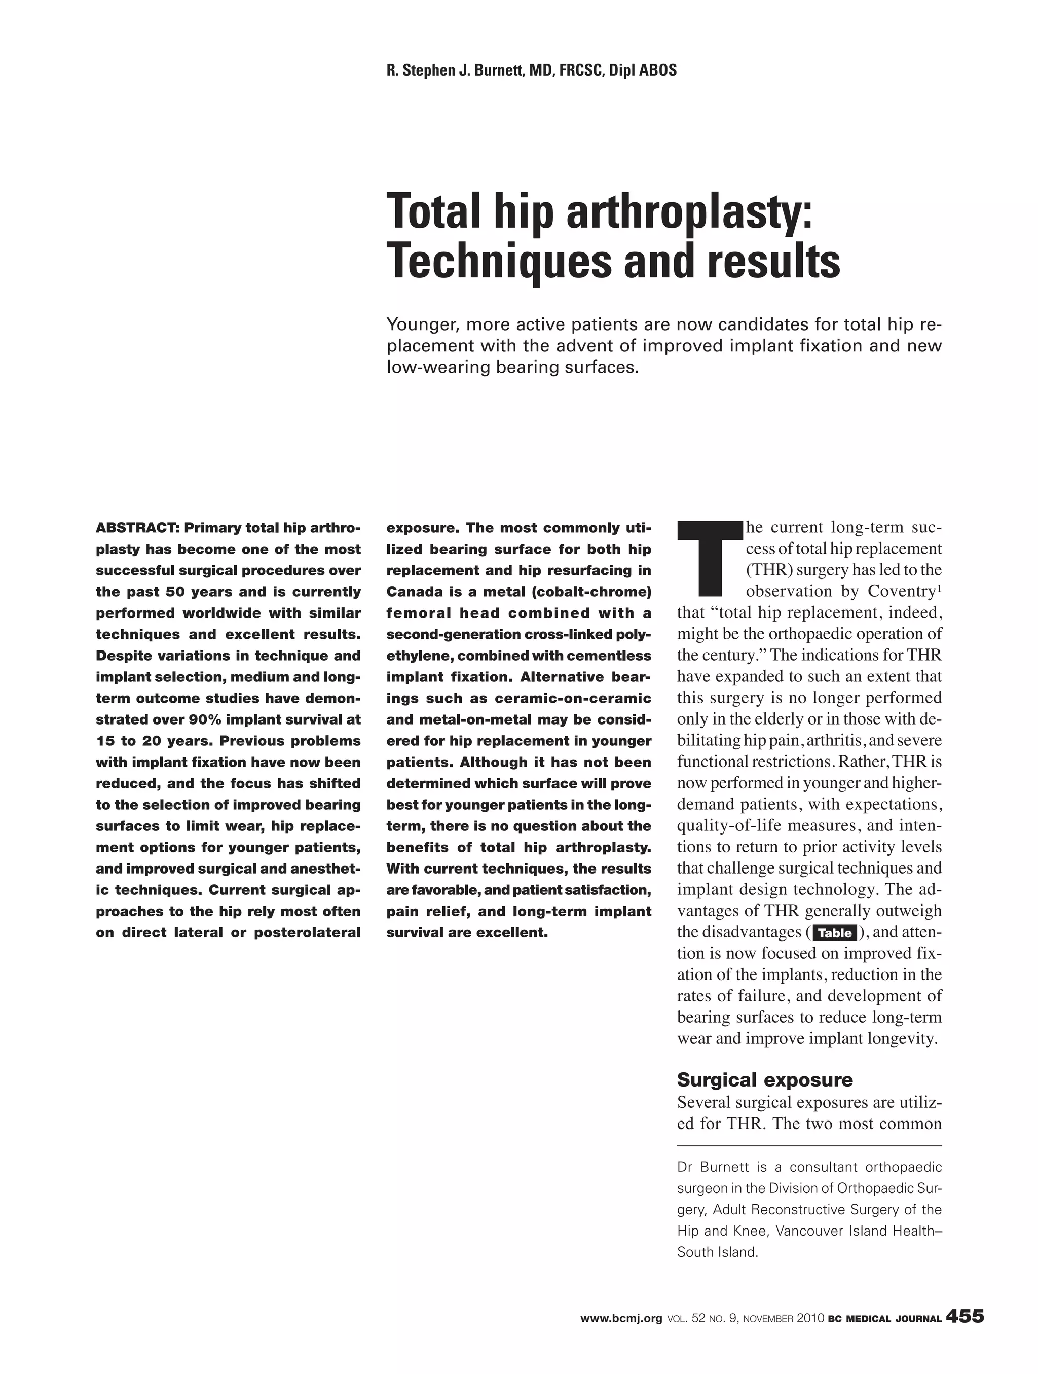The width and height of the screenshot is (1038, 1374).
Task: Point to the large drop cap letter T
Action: coord(707,558)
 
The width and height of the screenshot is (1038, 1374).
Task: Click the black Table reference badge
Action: coord(835,933)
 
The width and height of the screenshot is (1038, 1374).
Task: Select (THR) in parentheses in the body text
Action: coord(768,571)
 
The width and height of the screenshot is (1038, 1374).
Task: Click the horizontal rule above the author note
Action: coord(809,1145)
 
